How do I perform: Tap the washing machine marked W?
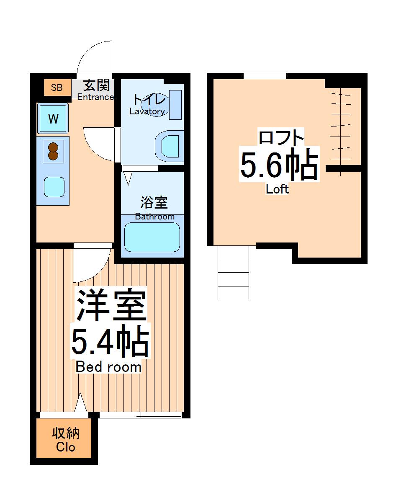(53, 119)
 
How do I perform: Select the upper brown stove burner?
(53, 147)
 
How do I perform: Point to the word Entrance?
(95, 97)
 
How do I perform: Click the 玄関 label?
(97, 85)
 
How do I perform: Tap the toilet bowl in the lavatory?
(170, 146)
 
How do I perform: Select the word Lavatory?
(147, 111)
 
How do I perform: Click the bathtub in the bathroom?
(152, 237)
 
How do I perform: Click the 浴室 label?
(154, 203)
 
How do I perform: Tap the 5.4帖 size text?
(110, 342)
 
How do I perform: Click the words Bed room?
(108, 367)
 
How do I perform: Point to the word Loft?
(277, 189)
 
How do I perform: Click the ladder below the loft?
(233, 272)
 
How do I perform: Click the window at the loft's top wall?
(265, 76)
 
